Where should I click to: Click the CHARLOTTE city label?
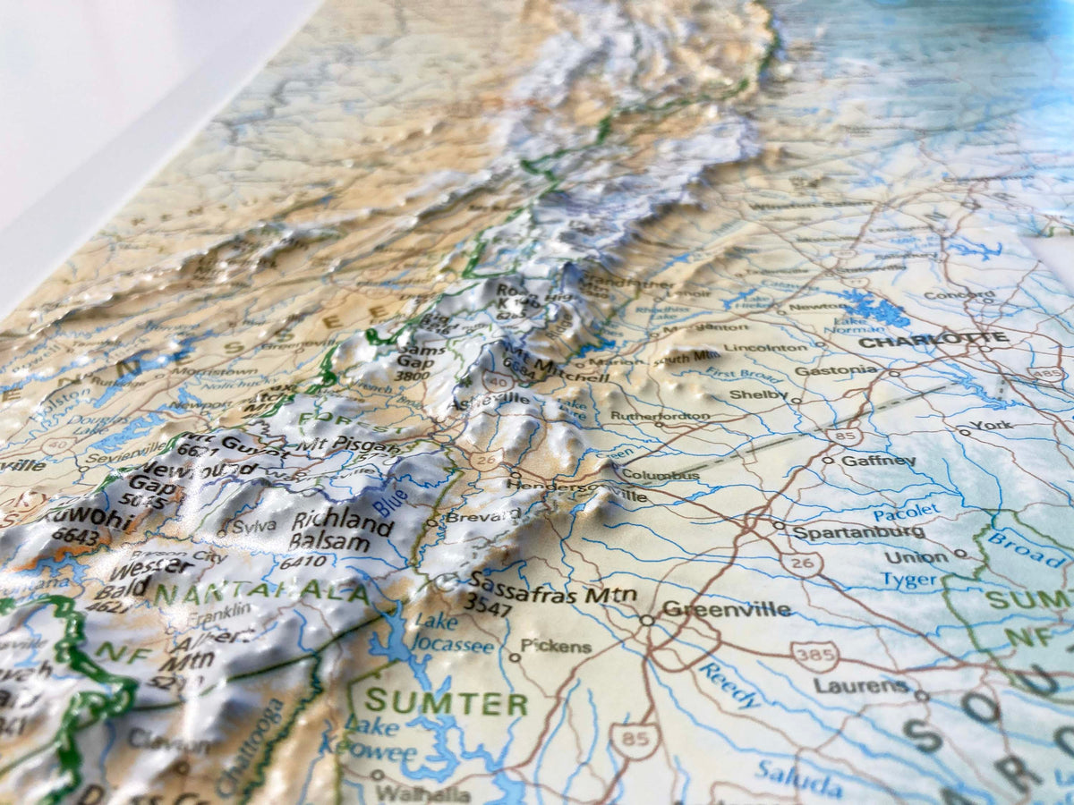[x=933, y=340]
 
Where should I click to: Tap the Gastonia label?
[x=823, y=369]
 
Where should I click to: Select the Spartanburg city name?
[x=858, y=531]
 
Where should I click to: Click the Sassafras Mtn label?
[x=553, y=593]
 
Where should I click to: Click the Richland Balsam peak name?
[x=342, y=531]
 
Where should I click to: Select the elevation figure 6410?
[x=303, y=563]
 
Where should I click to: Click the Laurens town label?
[x=861, y=686]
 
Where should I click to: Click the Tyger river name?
[x=910, y=580]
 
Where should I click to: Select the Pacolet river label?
[x=906, y=513]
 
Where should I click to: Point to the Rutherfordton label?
[x=660, y=416]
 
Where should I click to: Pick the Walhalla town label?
[x=422, y=793]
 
